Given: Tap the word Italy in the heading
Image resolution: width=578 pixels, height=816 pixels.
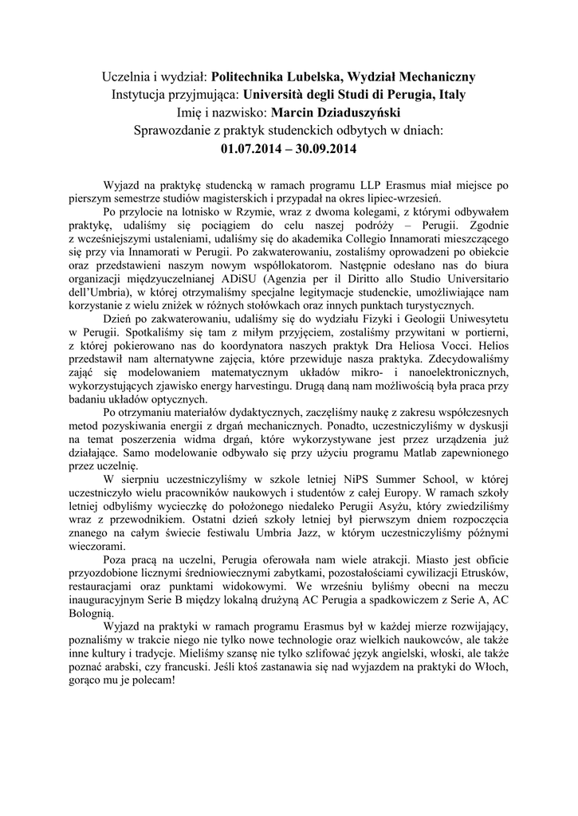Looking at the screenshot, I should pyautogui.click(x=450, y=95).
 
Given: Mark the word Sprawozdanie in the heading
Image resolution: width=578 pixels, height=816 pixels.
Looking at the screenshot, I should pyautogui.click(x=176, y=130).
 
